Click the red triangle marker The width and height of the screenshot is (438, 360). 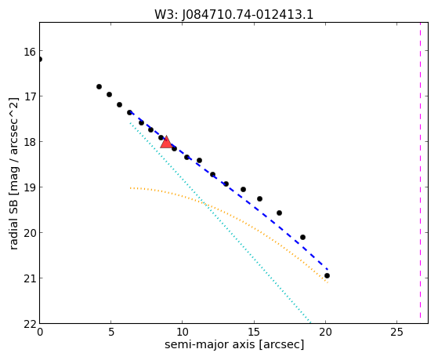166,143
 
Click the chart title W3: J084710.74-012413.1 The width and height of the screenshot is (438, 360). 233,14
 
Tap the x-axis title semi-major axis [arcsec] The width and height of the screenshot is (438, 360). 234,344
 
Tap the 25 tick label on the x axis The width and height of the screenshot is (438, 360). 396,332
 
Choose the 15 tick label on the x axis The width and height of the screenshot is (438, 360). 254,332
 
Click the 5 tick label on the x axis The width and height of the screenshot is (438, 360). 111,332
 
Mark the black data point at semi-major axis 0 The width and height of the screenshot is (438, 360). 40,60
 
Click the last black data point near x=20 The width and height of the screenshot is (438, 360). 327,276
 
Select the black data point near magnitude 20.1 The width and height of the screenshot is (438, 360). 302,237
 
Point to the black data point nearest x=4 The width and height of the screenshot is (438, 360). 99,87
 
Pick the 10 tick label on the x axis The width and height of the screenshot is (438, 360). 182,332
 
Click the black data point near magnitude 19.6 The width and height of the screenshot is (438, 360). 279,213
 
